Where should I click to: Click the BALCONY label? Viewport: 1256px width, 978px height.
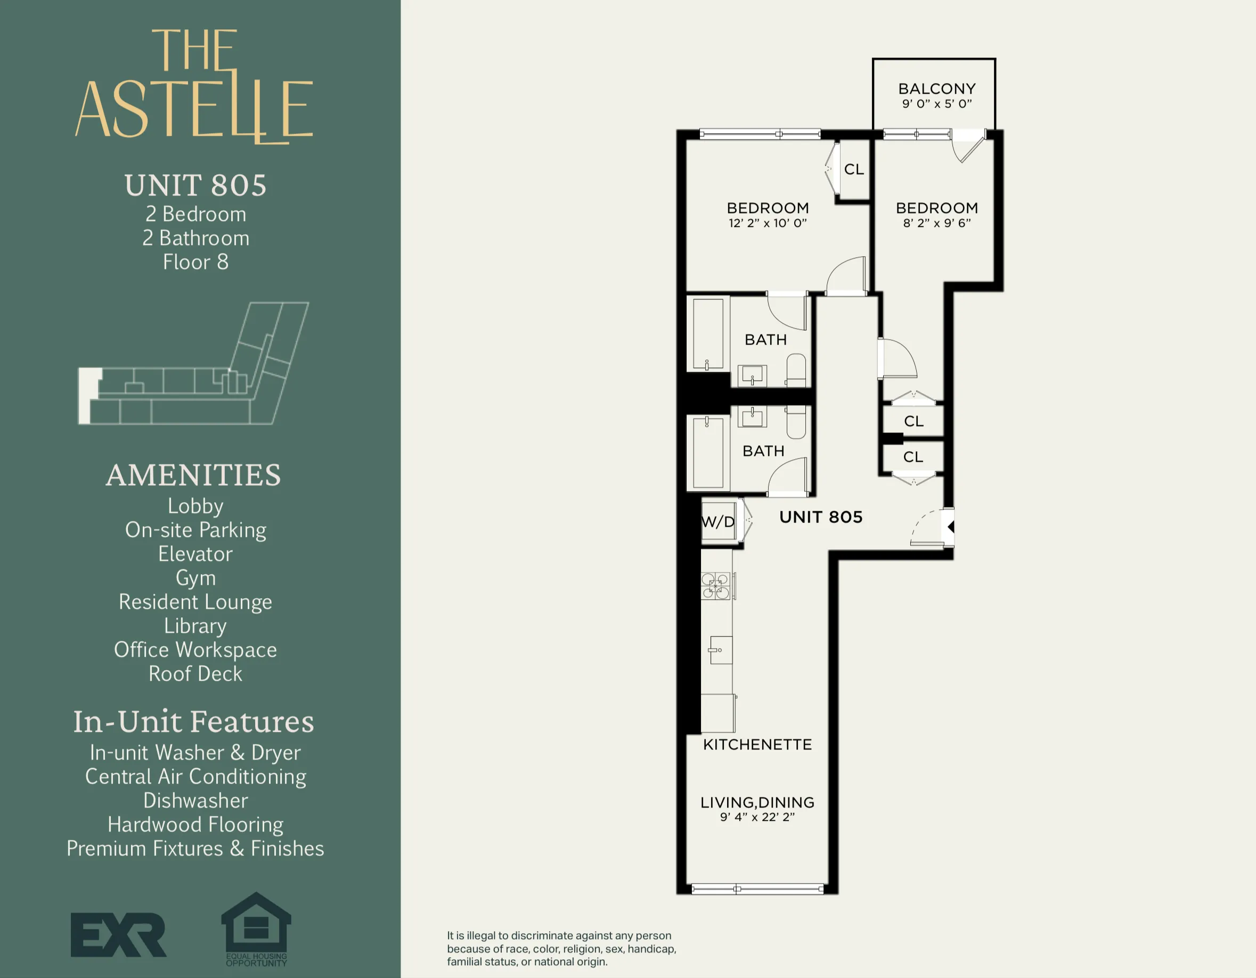936,89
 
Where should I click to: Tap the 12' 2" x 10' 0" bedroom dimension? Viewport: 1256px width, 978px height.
767,223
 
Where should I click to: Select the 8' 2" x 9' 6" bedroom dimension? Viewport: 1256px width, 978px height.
936,223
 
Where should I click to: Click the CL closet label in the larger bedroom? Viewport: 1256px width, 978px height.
853,169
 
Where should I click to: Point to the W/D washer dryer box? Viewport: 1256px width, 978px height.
719,521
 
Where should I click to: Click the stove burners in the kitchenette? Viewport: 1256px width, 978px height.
715,586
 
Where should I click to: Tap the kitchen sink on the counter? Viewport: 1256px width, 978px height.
721,650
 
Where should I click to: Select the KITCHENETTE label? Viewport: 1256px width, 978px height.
757,745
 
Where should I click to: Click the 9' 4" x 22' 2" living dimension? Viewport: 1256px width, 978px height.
757,817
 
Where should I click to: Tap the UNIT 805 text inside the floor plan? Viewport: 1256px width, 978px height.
821,517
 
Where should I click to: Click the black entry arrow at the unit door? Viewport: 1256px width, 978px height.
951,527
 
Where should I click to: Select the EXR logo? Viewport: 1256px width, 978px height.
118,935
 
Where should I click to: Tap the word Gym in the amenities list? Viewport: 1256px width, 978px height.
195,578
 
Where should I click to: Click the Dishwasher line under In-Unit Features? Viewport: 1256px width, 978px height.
195,800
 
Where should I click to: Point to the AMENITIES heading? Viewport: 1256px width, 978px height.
193,475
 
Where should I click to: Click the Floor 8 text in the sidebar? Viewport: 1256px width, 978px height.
195,262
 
